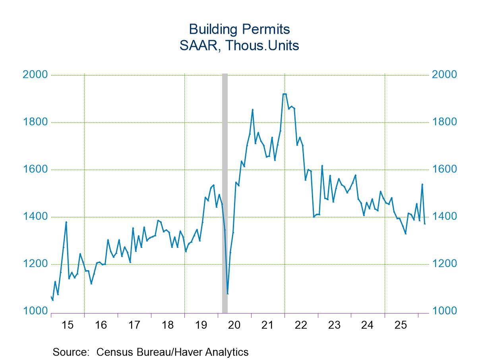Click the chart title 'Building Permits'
coord(239,29)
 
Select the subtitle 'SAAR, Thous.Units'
coord(239,46)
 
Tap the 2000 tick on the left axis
coord(36,75)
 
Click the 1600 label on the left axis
coord(36,169)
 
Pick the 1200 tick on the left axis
coord(36,264)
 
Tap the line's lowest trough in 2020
coord(227,293)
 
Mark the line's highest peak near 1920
coord(284,94)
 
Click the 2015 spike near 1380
coord(66,222)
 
